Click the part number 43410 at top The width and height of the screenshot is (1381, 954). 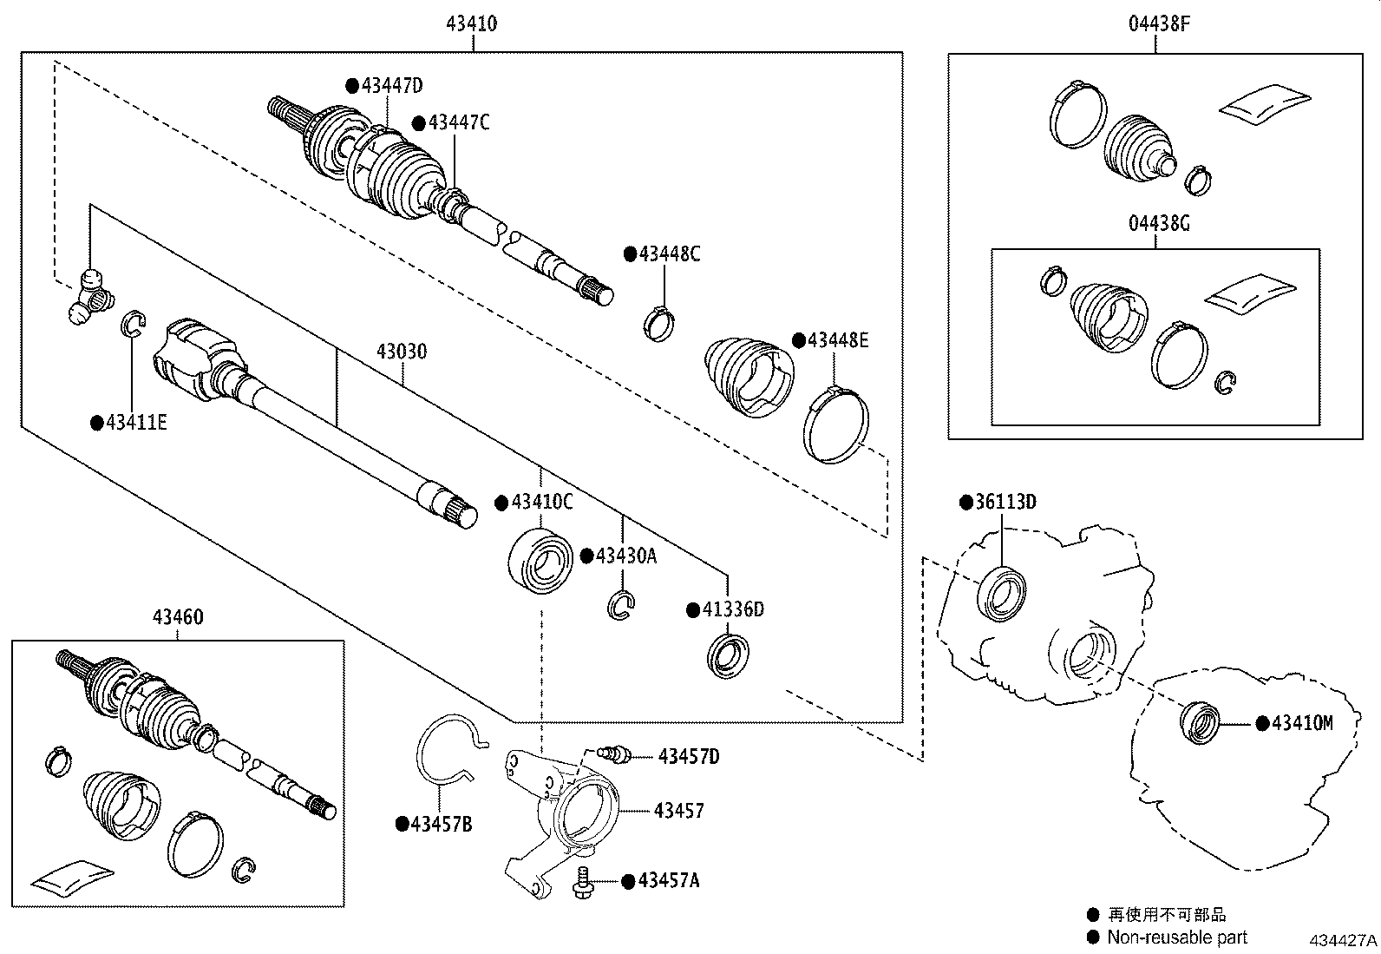472,23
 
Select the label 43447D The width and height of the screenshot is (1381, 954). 391,85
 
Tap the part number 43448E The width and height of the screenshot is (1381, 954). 837,340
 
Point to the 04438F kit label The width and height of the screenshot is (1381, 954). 1159,23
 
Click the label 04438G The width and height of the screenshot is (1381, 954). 1159,223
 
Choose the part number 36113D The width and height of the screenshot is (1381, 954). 1005,503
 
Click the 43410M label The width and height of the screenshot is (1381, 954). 1301,722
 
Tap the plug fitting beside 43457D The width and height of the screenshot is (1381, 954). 615,753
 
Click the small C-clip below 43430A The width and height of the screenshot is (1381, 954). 622,605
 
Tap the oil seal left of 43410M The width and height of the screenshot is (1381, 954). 1199,720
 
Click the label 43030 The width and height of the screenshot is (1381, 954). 402,352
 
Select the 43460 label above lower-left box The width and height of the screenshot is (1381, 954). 178,617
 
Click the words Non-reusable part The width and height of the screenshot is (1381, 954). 1176,937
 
